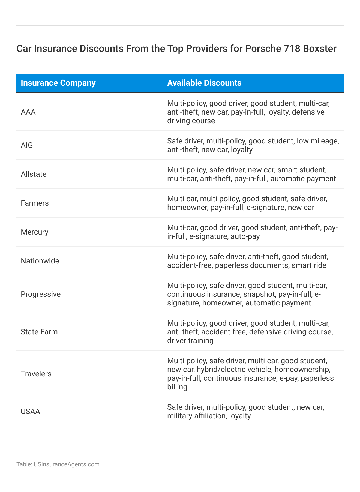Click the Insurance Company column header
pyautogui.click(x=58, y=83)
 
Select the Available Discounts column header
pyautogui.click(x=204, y=83)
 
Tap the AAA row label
pyautogui.click(x=28, y=112)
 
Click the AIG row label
pyautogui.click(x=27, y=145)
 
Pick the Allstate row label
pyautogui.click(x=34, y=174)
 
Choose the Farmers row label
pyautogui.click(x=35, y=203)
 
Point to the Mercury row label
pyautogui.click(x=34, y=232)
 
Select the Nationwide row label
pyautogui.click(x=40, y=261)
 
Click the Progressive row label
pyautogui.click(x=41, y=294)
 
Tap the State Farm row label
pyautogui.click(x=39, y=332)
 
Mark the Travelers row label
pyautogui.click(x=36, y=374)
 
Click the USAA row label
pyautogui.click(x=30, y=412)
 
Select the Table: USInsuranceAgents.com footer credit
pyautogui.click(x=58, y=464)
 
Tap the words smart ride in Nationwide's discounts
pyautogui.click(x=309, y=265)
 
